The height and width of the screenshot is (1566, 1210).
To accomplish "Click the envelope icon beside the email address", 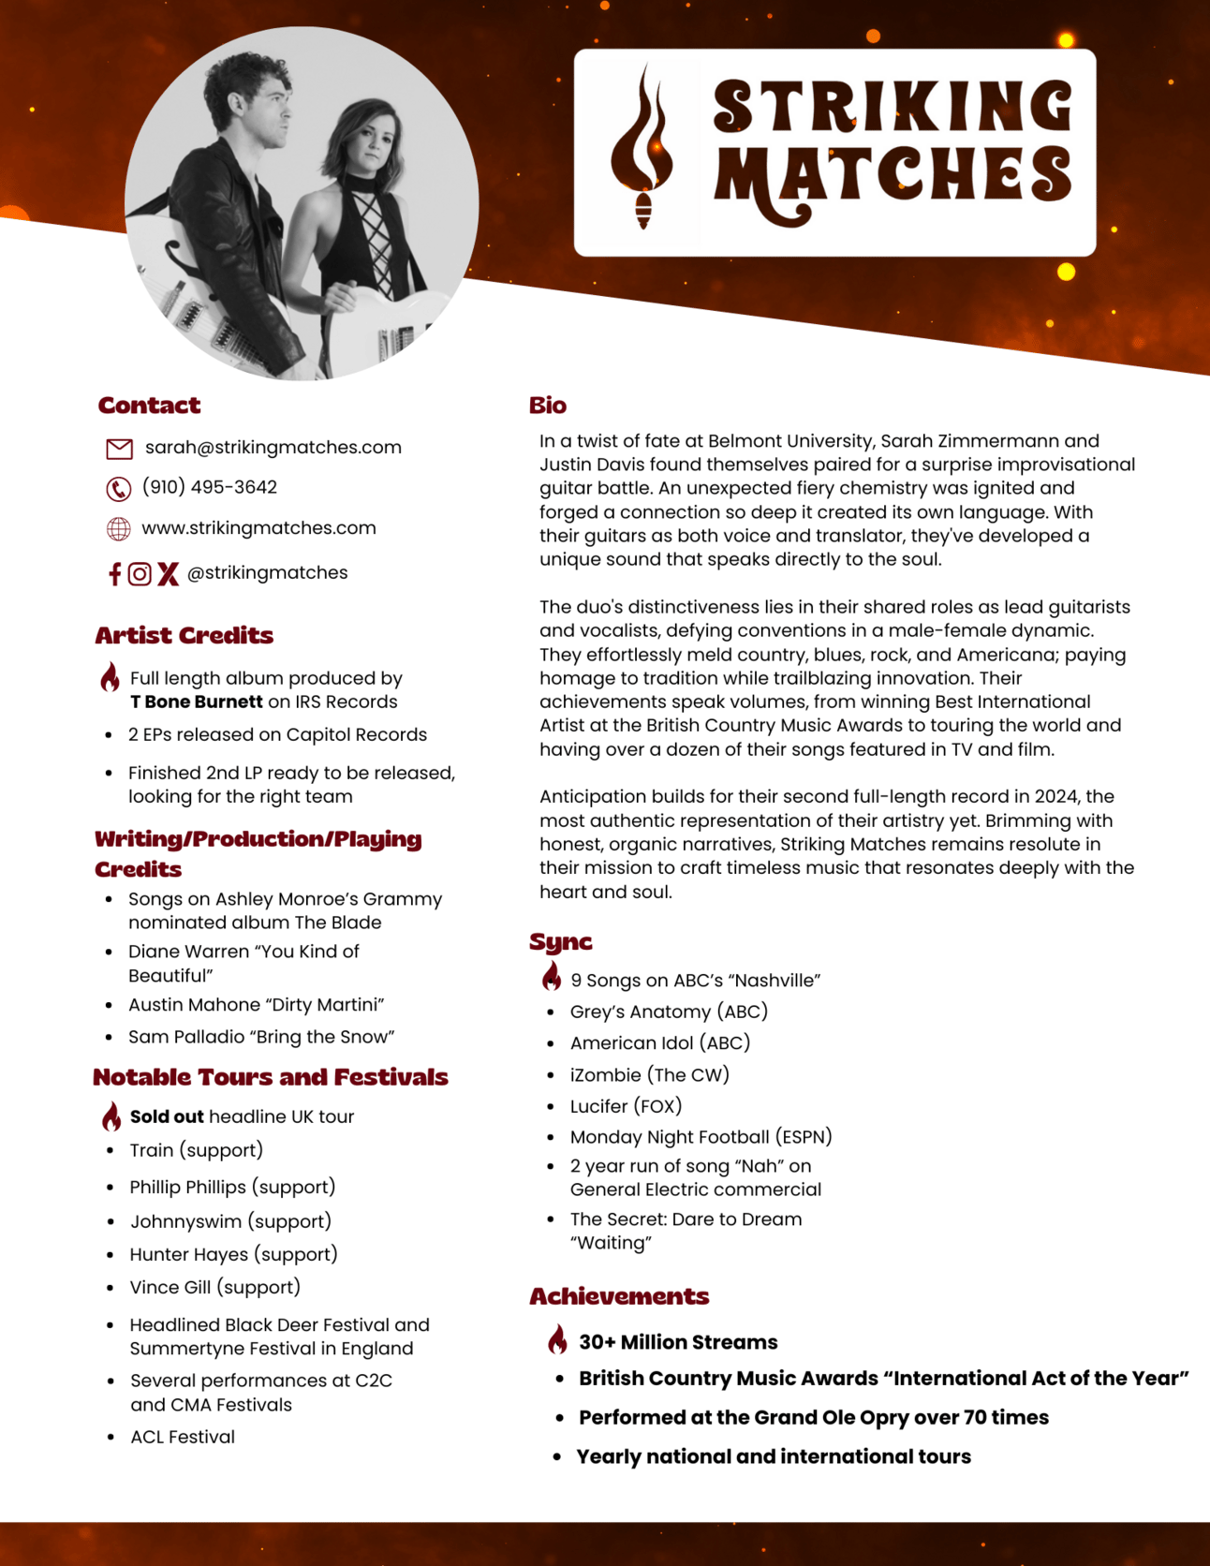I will (x=119, y=449).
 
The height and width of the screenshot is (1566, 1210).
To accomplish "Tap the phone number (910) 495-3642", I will (x=210, y=487).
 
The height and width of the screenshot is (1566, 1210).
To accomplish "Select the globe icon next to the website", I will (x=119, y=529).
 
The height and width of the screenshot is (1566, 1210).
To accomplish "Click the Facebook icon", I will (x=114, y=574).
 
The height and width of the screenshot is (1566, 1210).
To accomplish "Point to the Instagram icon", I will (x=140, y=574).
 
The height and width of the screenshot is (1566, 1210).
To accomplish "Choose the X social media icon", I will (x=168, y=574).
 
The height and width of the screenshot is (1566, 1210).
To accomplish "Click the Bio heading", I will (x=548, y=406).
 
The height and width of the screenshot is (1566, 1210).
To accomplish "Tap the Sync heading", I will (x=560, y=941).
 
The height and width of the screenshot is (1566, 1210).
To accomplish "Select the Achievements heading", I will (x=619, y=1296).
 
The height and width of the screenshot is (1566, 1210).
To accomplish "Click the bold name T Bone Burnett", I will (x=197, y=702).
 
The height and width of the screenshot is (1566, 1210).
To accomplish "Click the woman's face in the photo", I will (x=375, y=140).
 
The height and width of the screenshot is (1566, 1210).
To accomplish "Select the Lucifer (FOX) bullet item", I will (x=626, y=1106).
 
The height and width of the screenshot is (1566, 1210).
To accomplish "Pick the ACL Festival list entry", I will (x=183, y=1437).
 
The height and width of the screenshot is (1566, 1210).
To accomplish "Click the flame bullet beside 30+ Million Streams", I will (x=557, y=1340).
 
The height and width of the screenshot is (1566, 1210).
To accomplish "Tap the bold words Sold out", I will (x=167, y=1116).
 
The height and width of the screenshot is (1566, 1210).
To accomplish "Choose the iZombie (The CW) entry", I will (x=649, y=1075).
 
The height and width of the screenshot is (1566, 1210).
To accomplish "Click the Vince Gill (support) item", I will (x=215, y=1287).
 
